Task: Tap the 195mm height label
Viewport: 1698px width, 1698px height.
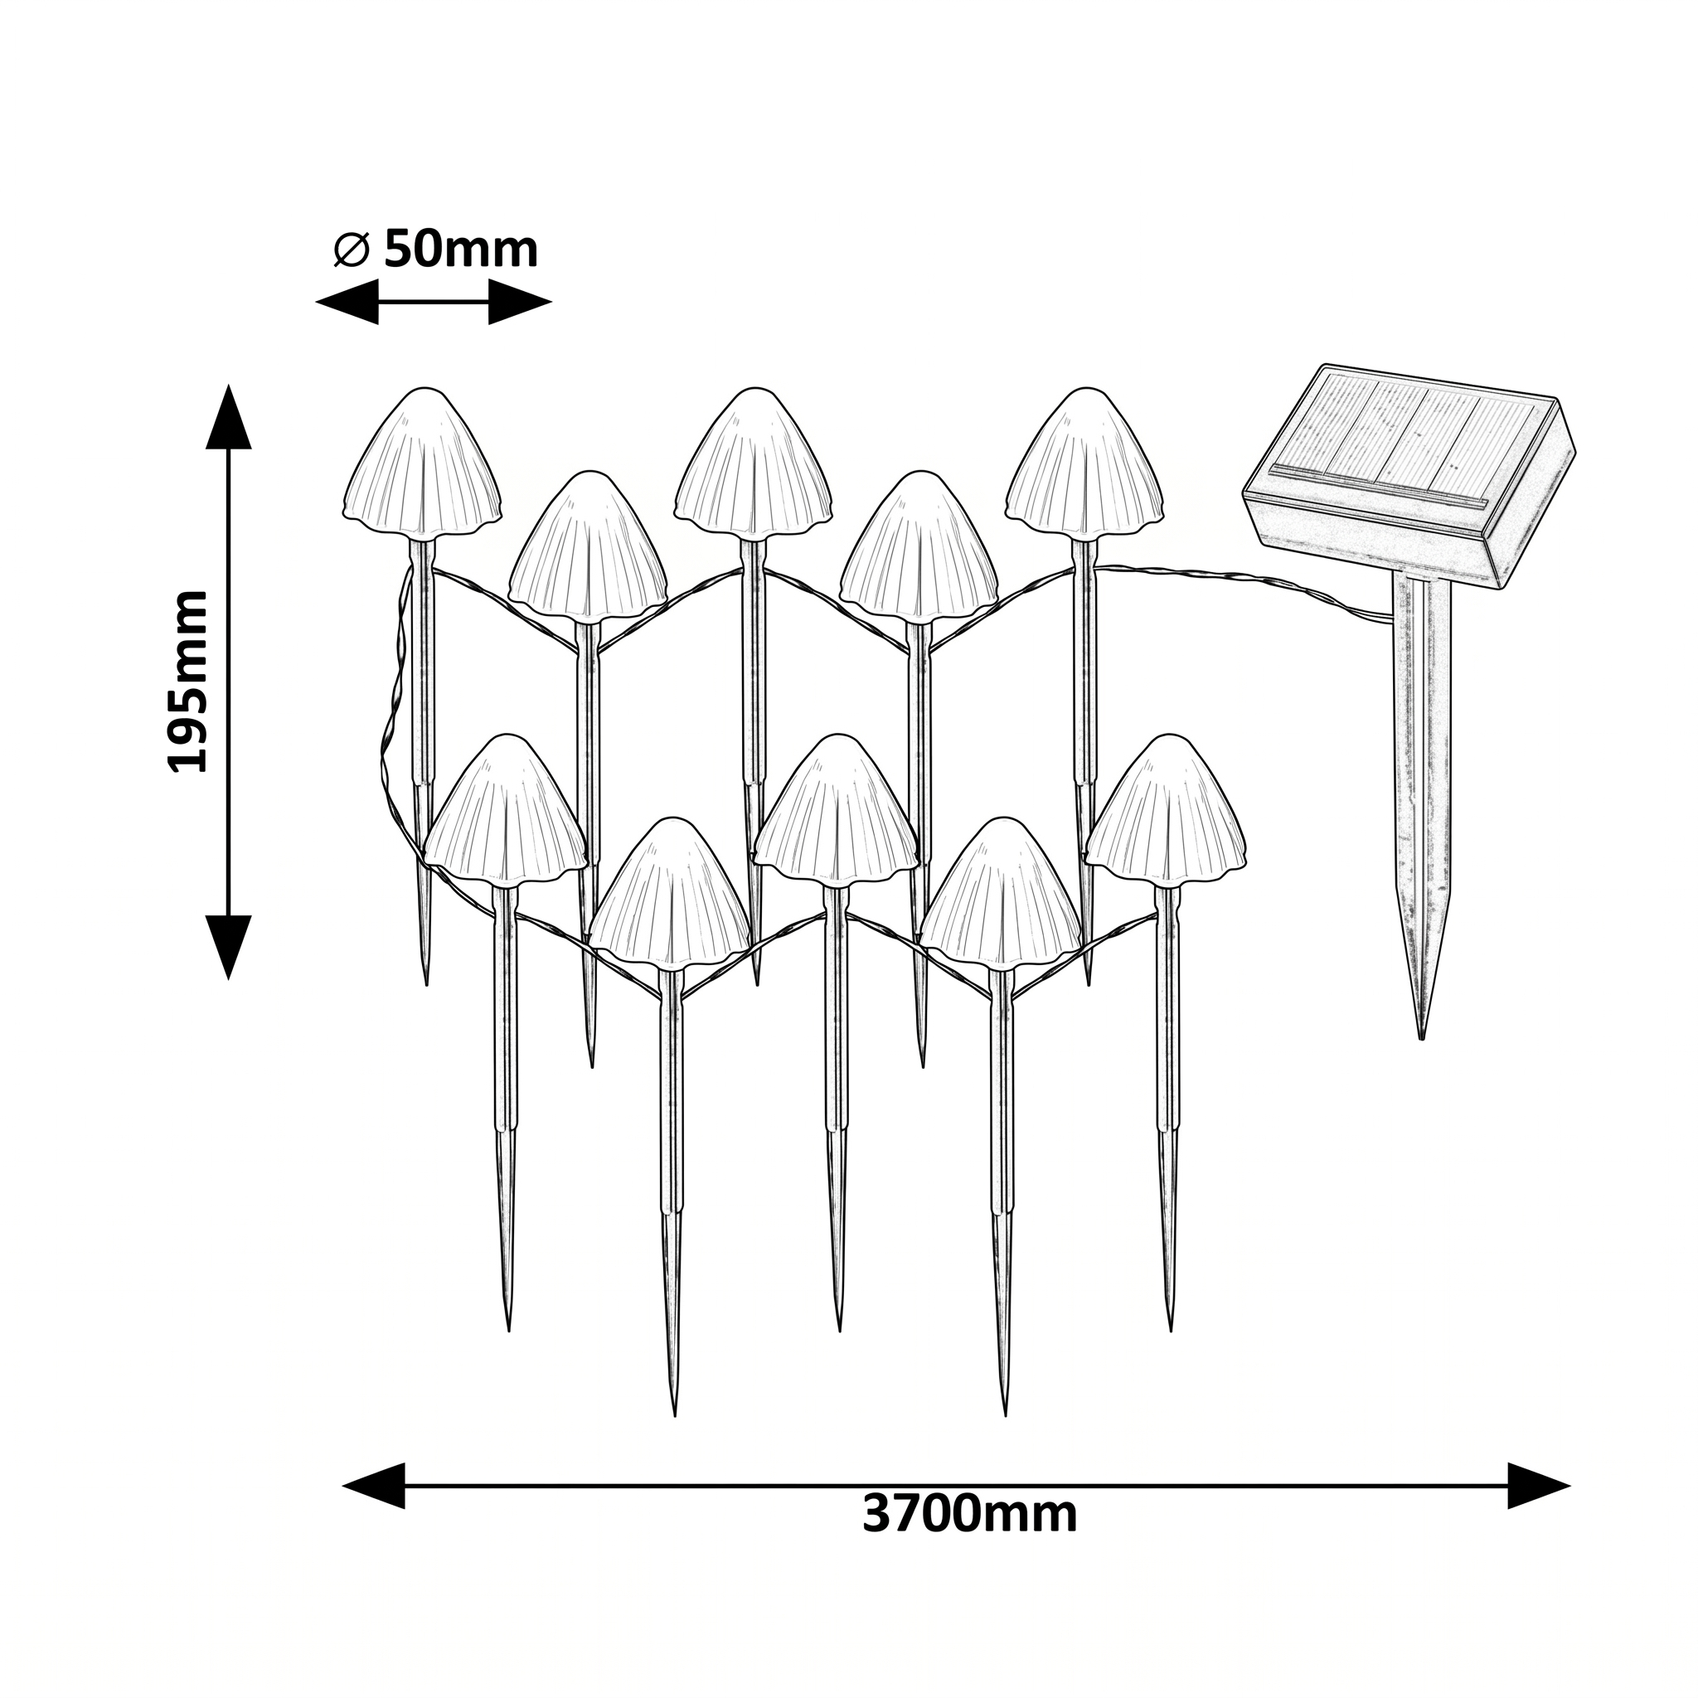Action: point(188,682)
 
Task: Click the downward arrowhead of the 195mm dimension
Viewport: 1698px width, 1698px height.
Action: point(229,947)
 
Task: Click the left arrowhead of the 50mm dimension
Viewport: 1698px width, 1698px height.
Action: point(347,302)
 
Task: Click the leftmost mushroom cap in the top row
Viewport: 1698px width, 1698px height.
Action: point(423,463)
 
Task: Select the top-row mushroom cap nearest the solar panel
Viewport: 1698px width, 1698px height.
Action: point(1086,463)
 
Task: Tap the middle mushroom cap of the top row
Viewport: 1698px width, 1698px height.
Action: point(754,463)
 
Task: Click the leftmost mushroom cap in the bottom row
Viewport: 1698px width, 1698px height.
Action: point(506,810)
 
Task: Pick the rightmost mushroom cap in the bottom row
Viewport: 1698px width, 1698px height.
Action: point(1167,810)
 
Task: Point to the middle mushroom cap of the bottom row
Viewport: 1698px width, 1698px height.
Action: point(836,810)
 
